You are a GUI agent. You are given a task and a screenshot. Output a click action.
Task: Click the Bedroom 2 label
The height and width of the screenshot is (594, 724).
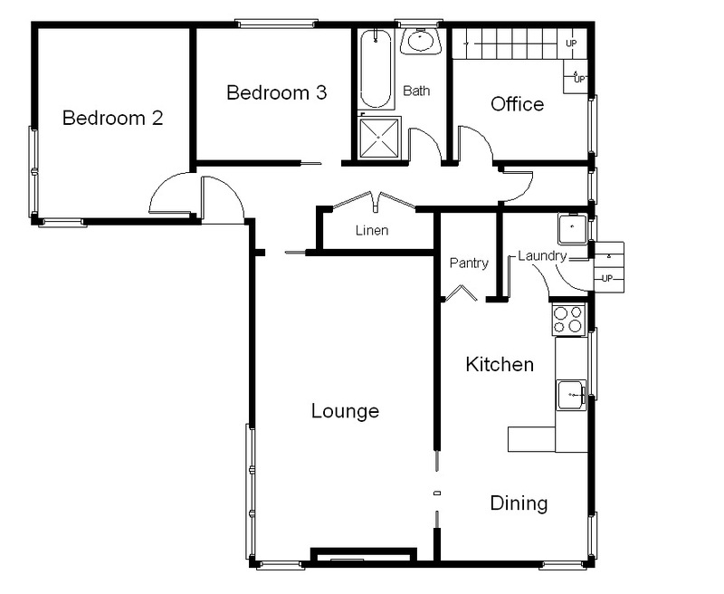click(x=112, y=118)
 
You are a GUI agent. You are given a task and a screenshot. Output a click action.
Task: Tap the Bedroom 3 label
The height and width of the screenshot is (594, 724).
click(x=277, y=92)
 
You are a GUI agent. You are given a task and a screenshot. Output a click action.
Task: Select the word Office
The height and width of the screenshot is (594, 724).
click(x=517, y=104)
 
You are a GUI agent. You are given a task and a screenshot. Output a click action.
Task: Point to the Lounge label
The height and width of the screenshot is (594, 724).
click(x=345, y=411)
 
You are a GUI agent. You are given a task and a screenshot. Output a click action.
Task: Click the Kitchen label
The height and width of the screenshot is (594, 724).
click(x=500, y=364)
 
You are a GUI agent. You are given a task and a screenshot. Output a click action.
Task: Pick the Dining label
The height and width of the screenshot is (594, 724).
click(x=519, y=503)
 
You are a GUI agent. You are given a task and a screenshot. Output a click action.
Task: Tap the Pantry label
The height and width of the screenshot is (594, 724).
click(x=469, y=263)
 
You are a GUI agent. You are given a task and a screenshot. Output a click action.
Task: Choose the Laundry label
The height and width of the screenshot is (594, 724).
click(x=542, y=256)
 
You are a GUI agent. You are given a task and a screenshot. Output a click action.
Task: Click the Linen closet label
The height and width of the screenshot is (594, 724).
click(x=372, y=230)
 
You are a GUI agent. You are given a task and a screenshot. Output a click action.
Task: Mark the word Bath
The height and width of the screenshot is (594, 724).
click(x=416, y=91)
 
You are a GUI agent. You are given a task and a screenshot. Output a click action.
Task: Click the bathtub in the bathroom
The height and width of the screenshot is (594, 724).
click(x=376, y=69)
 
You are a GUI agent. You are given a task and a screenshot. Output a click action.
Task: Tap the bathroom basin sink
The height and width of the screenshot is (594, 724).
click(x=421, y=41)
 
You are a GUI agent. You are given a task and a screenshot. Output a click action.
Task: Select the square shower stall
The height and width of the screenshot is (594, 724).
click(x=379, y=138)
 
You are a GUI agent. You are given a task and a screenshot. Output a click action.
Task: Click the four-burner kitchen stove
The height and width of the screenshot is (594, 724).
click(x=568, y=321)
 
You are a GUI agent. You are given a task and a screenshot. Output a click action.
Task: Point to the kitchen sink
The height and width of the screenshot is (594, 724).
click(x=571, y=395)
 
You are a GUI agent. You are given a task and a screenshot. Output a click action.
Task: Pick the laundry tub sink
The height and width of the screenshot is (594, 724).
click(x=573, y=228)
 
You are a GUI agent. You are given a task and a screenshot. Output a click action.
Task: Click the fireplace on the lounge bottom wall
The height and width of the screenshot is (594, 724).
click(x=364, y=556)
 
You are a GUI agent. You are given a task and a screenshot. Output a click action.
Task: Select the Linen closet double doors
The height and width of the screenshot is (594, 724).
click(x=374, y=201)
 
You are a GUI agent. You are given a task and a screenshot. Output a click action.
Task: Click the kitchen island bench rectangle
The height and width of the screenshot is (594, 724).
click(x=531, y=439)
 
